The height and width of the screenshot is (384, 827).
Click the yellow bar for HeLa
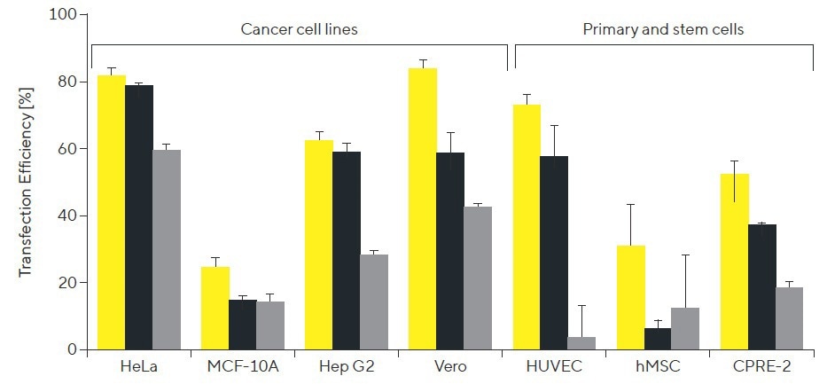pyautogui.click(x=112, y=213)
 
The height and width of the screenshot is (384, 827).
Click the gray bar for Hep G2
pyautogui.click(x=374, y=302)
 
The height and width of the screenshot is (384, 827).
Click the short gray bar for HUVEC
pyautogui.click(x=581, y=343)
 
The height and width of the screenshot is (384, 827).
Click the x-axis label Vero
pyautogui.click(x=450, y=366)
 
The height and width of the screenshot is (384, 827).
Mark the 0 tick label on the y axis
pyautogui.click(x=71, y=350)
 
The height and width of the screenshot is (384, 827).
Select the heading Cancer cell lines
pyautogui.click(x=300, y=29)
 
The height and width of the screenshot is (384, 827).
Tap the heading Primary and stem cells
pyautogui.click(x=663, y=29)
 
